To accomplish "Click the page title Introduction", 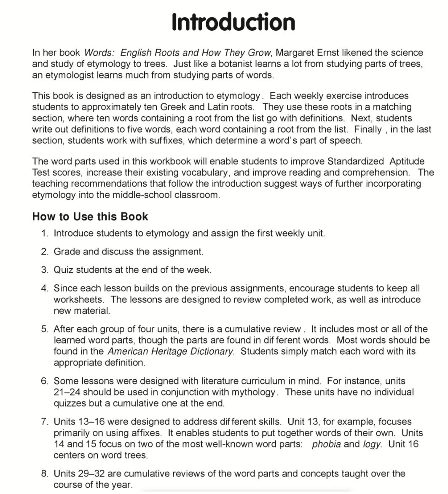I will coord(233,22).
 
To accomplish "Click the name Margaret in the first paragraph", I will coord(294,53).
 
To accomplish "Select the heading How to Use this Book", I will coord(90,216).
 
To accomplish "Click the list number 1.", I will coord(45,233).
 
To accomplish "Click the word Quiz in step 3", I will coord(62,270).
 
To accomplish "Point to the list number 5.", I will coord(45,329).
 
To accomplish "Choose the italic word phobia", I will coord(326,444).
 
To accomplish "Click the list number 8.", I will coord(45,473).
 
